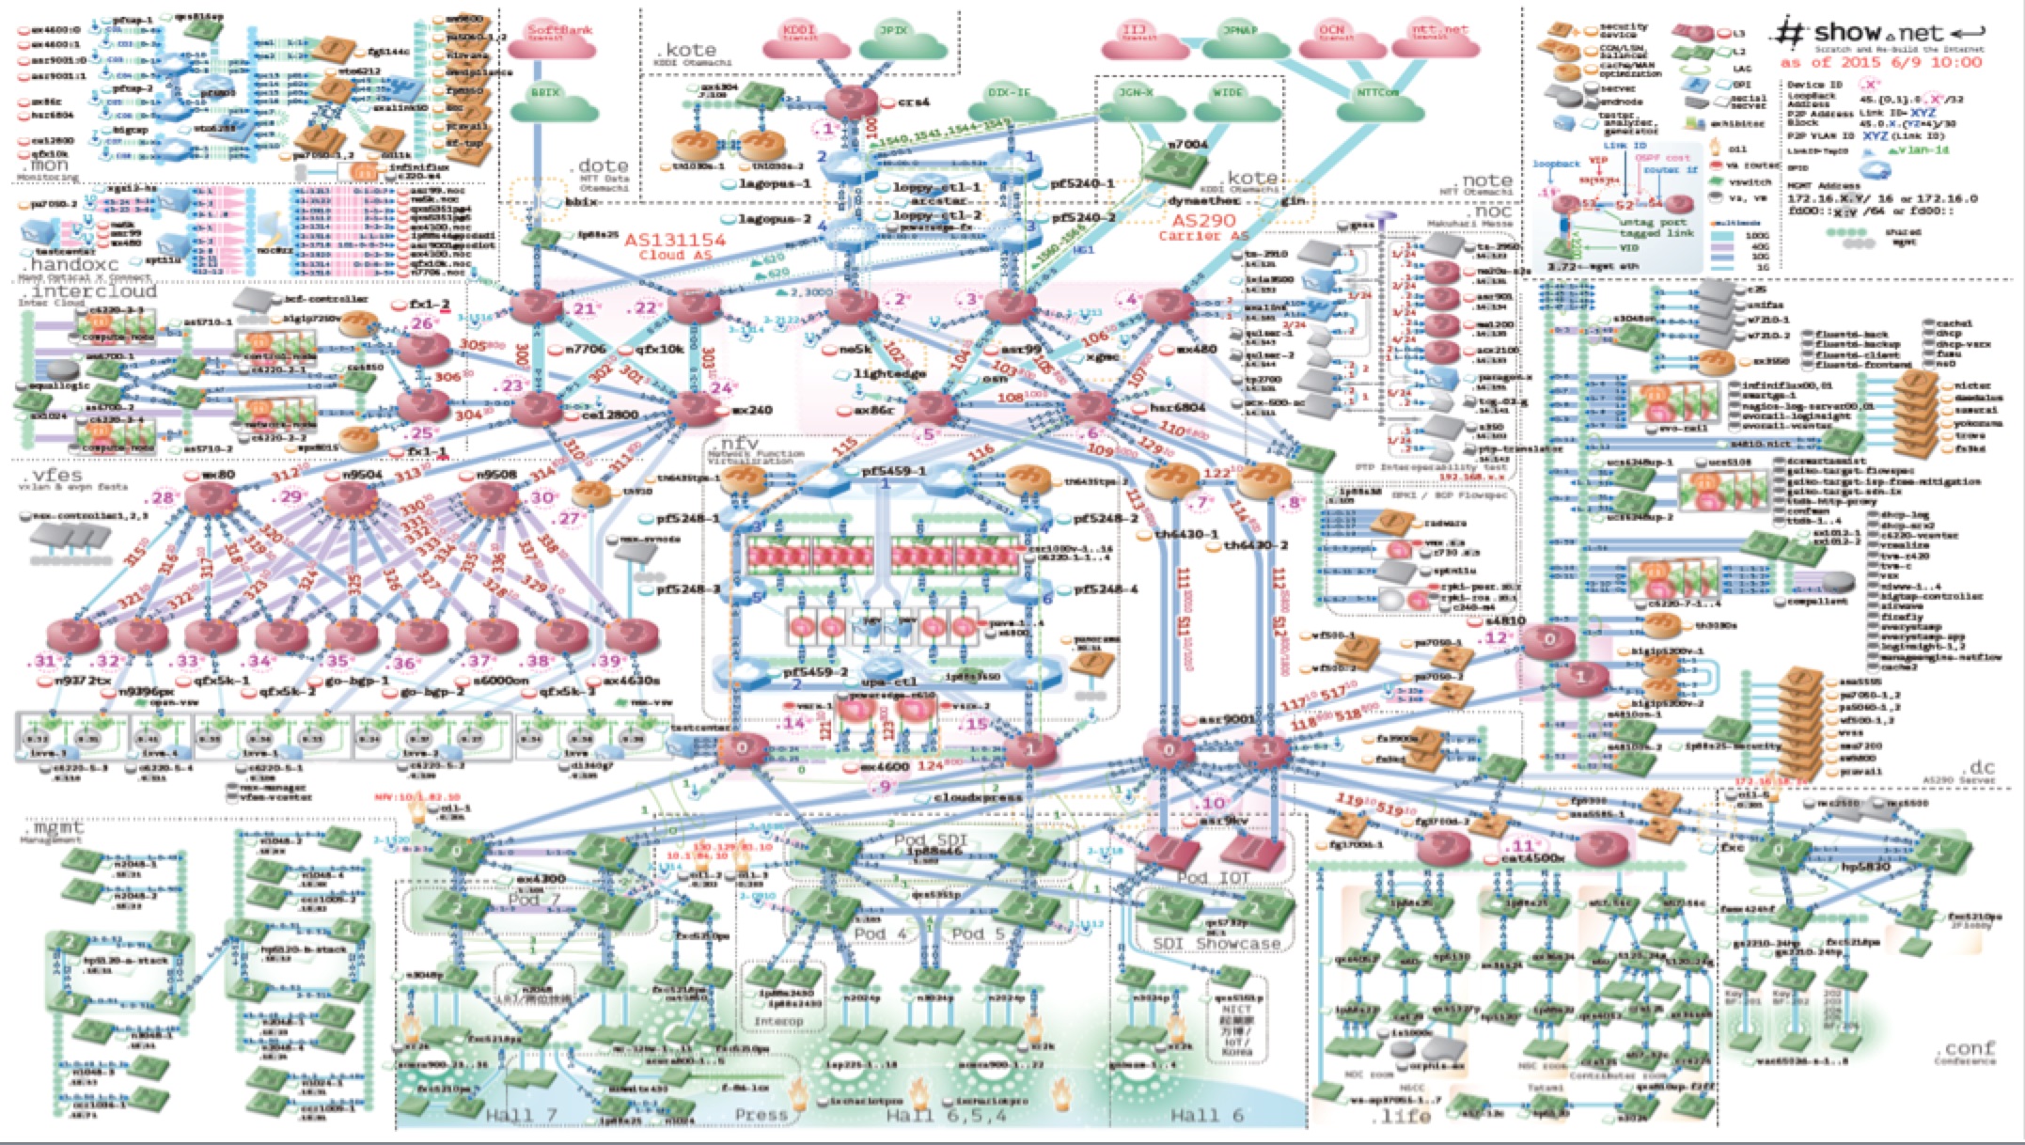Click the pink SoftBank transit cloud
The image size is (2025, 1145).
click(561, 36)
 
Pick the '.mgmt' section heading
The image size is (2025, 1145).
click(54, 828)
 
